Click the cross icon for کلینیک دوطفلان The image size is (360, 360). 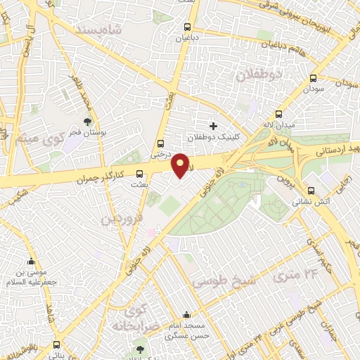pyautogui.click(x=213, y=126)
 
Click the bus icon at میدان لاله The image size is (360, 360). pyautogui.click(x=279, y=114)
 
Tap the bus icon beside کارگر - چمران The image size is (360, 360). pyautogui.click(x=139, y=173)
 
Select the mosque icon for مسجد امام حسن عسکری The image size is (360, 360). pyautogui.click(x=186, y=316)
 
